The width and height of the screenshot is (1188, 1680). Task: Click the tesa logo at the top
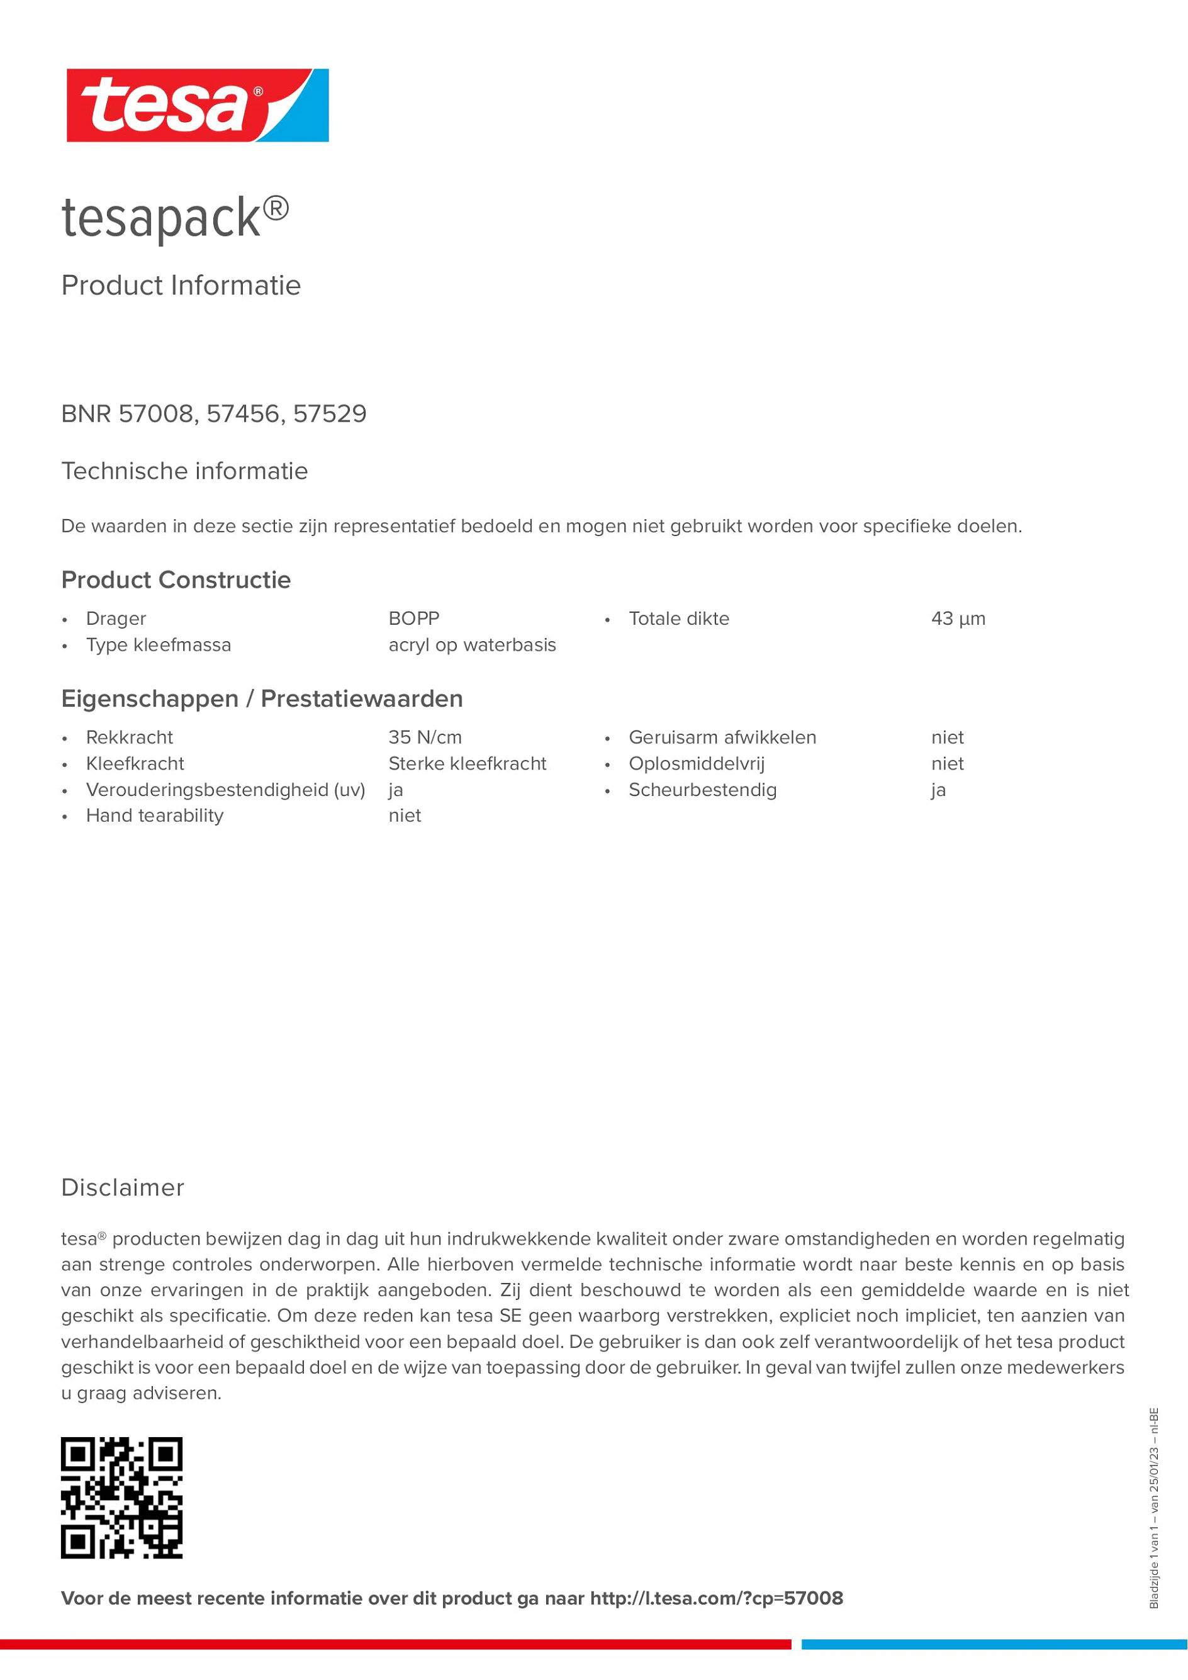pos(198,105)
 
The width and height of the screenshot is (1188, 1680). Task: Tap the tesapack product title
pos(175,218)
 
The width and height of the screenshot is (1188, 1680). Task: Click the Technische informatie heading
pos(184,471)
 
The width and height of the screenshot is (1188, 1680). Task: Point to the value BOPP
pos(413,619)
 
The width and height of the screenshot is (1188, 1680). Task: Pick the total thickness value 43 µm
pos(958,619)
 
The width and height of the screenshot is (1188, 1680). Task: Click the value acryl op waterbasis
pos(472,646)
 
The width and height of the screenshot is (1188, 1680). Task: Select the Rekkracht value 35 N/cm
pos(425,737)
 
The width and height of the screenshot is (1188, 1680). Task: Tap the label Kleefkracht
pos(135,764)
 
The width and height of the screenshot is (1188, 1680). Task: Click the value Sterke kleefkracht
pos(467,764)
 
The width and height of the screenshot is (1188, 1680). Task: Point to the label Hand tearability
pos(154,816)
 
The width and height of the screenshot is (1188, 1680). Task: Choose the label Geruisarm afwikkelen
pos(722,737)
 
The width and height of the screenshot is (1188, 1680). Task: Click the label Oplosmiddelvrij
pos(697,764)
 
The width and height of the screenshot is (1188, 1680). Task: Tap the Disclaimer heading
pos(122,1187)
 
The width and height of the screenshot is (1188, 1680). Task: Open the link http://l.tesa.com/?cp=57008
pos(716,1598)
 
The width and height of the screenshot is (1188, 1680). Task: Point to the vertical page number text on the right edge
pos(1153,1508)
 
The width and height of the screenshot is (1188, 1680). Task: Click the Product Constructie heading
pos(176,580)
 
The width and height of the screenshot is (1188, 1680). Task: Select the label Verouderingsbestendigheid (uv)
pos(225,790)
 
